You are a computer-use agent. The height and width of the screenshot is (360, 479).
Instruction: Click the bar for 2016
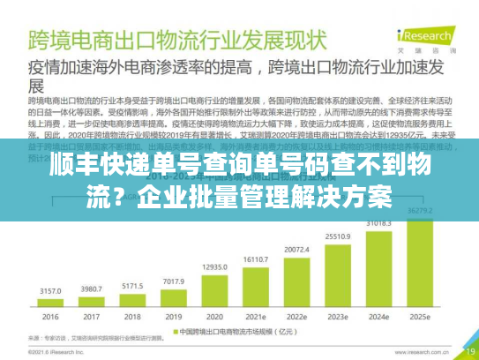point(49,303)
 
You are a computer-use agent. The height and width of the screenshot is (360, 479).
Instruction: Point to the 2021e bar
point(256,283)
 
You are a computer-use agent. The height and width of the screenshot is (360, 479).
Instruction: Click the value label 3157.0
point(49,289)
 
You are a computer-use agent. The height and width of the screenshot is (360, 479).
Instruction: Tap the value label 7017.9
point(173,281)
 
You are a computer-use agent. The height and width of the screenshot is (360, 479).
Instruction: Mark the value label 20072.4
point(297,250)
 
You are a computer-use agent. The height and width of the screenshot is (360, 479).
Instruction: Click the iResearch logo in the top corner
point(426,37)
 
